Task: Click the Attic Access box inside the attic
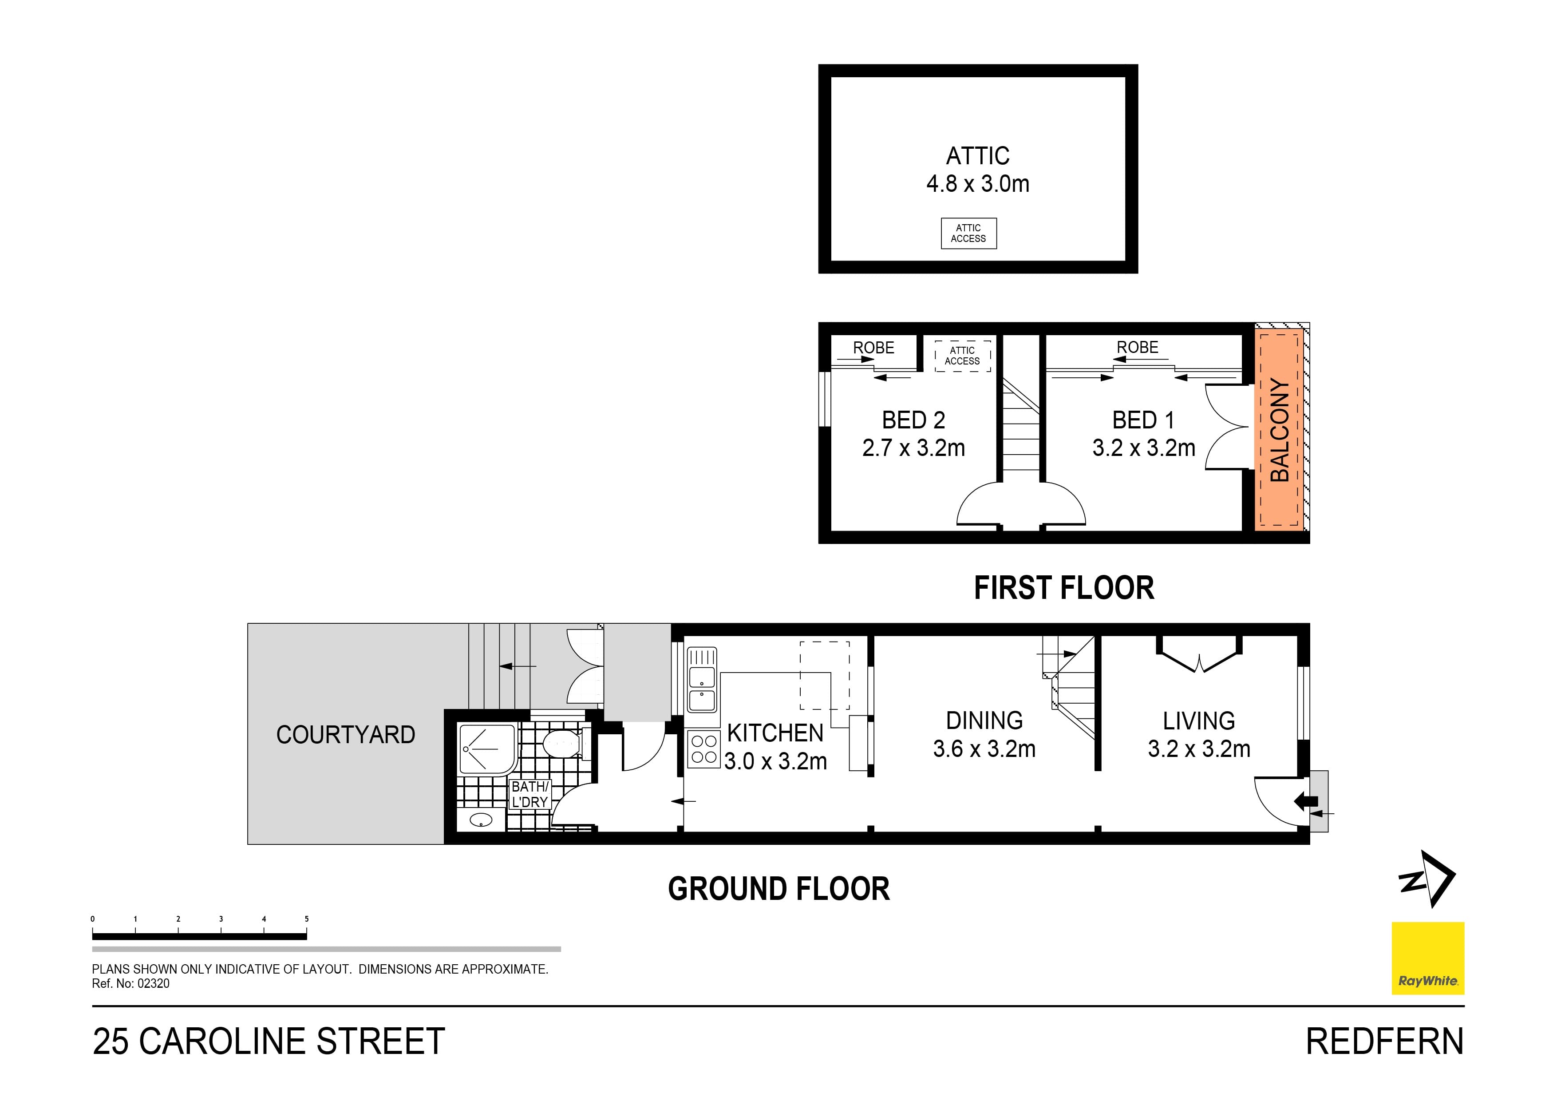(968, 234)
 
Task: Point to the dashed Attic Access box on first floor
(962, 356)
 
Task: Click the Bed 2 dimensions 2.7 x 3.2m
(913, 448)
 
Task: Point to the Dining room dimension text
(984, 749)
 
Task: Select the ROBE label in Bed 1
(1137, 347)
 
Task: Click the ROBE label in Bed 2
(873, 347)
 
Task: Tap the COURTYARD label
(345, 735)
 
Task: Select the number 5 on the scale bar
(307, 919)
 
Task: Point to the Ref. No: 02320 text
(131, 984)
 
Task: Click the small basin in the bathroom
(481, 820)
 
